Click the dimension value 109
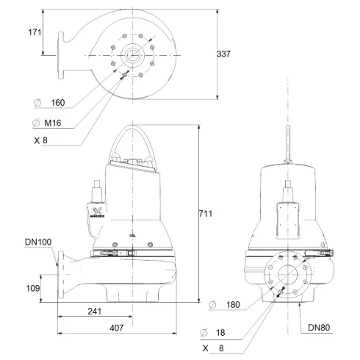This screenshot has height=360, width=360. click(x=32, y=289)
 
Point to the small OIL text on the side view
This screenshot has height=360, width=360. click(x=131, y=236)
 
